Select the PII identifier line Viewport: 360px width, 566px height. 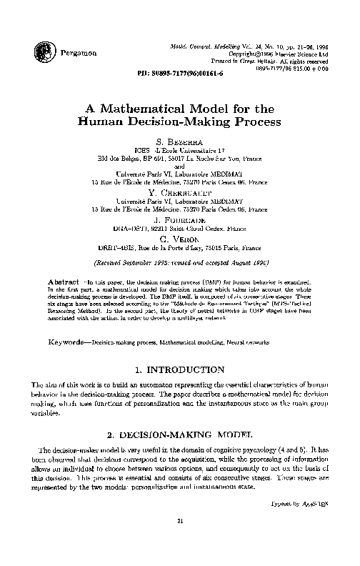point(179,74)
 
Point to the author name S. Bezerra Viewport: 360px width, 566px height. point(179,143)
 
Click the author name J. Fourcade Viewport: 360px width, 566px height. point(179,220)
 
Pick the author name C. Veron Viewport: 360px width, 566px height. point(179,238)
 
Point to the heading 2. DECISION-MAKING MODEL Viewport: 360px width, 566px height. point(179,435)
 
